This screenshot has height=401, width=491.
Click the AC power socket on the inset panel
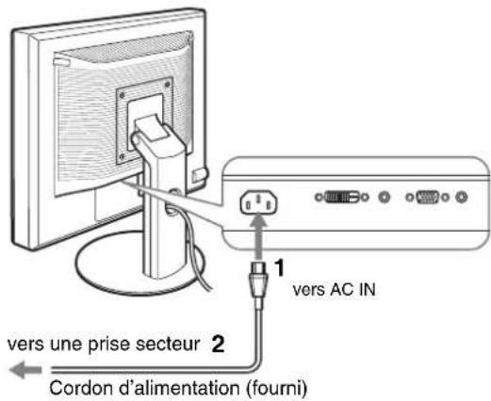[259, 202]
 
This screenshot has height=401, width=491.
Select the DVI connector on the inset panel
[341, 197]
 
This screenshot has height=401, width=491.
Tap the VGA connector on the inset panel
[427, 198]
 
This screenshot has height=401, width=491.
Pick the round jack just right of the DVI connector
[384, 197]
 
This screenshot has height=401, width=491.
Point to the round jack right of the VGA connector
[461, 197]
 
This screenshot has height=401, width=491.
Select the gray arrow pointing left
[25, 370]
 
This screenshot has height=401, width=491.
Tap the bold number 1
[279, 267]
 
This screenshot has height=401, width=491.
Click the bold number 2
[218, 344]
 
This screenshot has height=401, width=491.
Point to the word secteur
[168, 344]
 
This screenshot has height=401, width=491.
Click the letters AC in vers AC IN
[343, 289]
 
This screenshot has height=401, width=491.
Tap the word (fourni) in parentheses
[276, 389]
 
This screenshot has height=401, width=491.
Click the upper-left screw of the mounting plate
[122, 95]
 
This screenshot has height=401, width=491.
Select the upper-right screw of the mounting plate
[167, 84]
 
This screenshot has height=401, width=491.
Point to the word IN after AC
[368, 289]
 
